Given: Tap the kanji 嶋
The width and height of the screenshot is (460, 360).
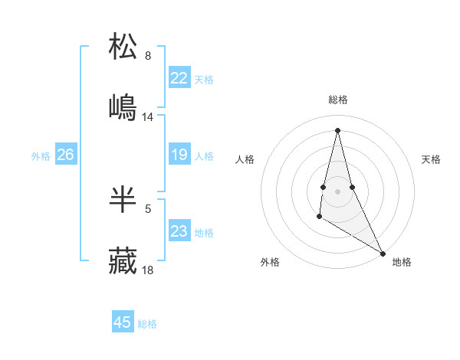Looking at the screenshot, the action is click(123, 106).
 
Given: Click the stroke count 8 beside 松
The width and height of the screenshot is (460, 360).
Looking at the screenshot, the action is click(147, 56).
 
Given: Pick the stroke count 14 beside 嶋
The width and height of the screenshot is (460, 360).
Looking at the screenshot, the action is click(148, 117).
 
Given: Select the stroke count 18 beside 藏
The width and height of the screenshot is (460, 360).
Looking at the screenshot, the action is click(148, 270).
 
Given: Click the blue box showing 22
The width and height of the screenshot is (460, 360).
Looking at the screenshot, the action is click(179, 78).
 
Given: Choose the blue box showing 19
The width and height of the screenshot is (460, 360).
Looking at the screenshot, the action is click(179, 155).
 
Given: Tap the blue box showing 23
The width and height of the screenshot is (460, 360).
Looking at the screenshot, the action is click(179, 231).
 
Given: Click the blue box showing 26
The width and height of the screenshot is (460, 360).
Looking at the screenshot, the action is click(65, 155).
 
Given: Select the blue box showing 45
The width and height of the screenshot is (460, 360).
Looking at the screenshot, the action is click(123, 322).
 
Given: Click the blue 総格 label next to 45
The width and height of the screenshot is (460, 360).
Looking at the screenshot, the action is click(147, 324).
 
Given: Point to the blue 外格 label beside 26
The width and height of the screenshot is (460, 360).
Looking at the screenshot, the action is click(41, 156).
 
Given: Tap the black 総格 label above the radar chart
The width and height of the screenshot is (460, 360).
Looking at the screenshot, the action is click(338, 100).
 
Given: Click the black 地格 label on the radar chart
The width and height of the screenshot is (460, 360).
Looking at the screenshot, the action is click(402, 262).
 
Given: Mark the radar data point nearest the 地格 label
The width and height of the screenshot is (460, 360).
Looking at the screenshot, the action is click(383, 253).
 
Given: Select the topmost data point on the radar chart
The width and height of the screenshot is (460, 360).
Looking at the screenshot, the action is click(337, 130).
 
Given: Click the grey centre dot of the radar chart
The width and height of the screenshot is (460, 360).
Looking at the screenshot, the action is click(337, 191).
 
